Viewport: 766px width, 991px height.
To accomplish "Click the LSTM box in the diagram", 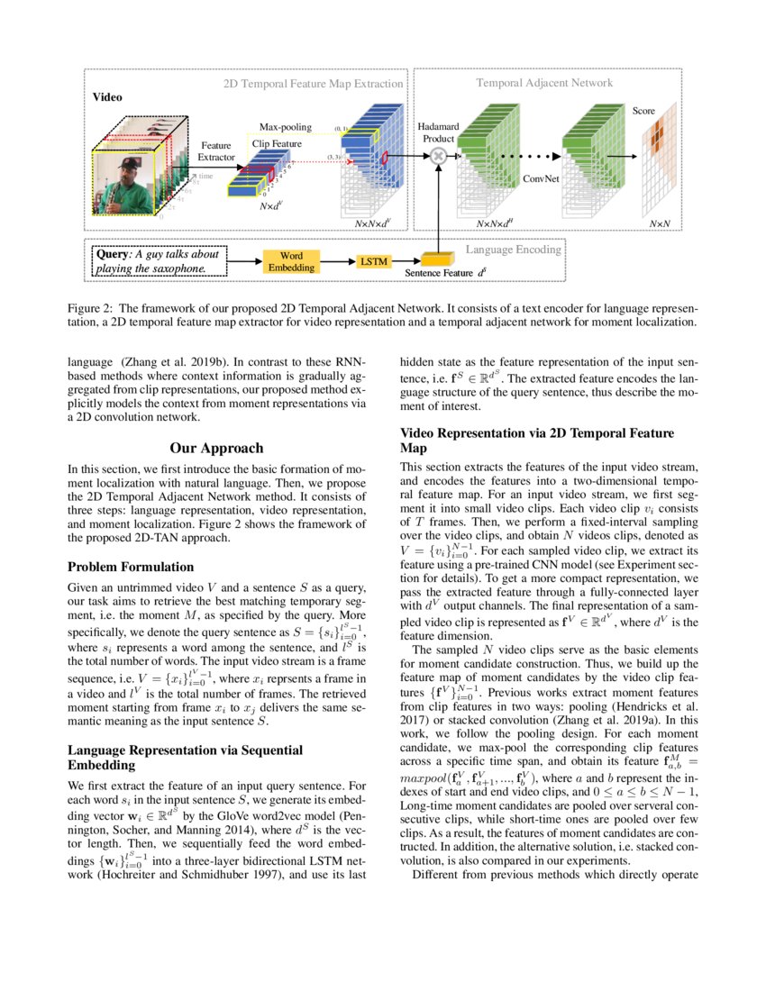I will coord(372,260).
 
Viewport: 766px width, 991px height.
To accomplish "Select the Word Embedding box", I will coord(291,261).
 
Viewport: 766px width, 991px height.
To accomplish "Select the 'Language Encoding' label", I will coord(513,249).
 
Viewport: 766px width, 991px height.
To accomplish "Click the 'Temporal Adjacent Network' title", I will coord(543,83).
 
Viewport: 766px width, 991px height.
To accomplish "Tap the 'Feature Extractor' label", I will coord(216,150).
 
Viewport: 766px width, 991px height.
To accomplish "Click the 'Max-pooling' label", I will coord(285,128).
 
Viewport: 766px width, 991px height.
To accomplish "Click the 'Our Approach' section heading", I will coord(216,448).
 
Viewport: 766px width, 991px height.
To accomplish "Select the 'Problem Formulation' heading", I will coord(131,568).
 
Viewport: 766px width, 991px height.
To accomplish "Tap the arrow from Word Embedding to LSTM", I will coord(333,260).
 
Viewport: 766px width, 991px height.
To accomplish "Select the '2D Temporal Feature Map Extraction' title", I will coord(313,83).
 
